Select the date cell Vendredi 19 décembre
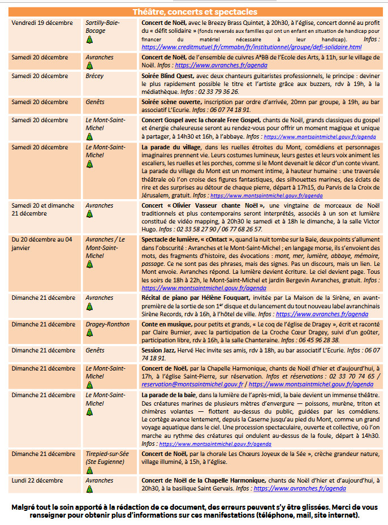pyautogui.click(x=42, y=23)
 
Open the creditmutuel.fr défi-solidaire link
pyautogui.click(x=251, y=47)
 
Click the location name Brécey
pyautogui.click(x=95, y=76)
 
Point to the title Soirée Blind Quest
pyautogui.click(x=167, y=76)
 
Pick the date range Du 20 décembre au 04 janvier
pyautogui.click(x=40, y=243)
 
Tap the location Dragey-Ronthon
pyautogui.click(x=107, y=324)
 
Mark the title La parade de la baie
pyautogui.click(x=167, y=394)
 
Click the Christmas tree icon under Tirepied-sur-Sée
pyautogui.click(x=89, y=473)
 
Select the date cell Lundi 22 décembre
pyautogui.click(x=37, y=480)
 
